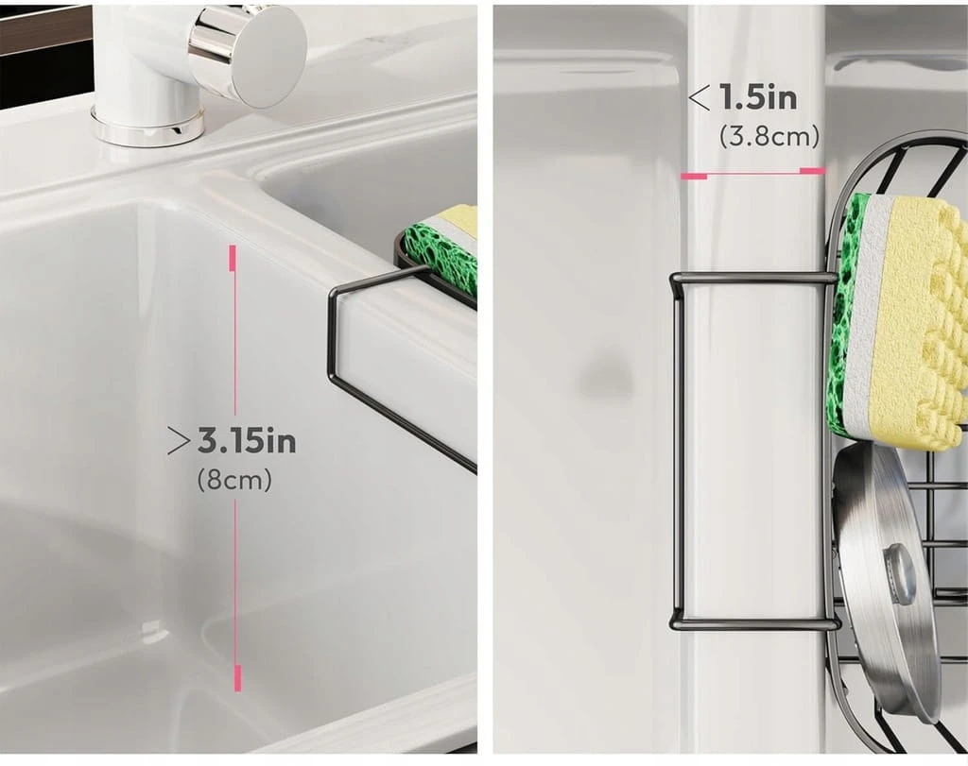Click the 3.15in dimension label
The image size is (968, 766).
point(247,441)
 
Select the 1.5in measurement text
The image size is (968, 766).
point(758,98)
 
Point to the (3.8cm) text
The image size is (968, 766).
point(769,136)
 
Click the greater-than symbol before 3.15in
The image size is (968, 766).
point(179,442)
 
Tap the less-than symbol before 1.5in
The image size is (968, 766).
point(700,98)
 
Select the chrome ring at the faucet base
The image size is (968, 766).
point(148,127)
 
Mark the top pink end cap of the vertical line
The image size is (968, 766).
point(233,258)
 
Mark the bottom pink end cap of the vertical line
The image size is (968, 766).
point(237,678)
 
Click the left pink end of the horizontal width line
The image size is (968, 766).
point(693,177)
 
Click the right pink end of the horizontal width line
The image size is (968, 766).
point(812,170)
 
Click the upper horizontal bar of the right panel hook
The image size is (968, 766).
point(753,279)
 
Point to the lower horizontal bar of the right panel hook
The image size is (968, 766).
point(755,624)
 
